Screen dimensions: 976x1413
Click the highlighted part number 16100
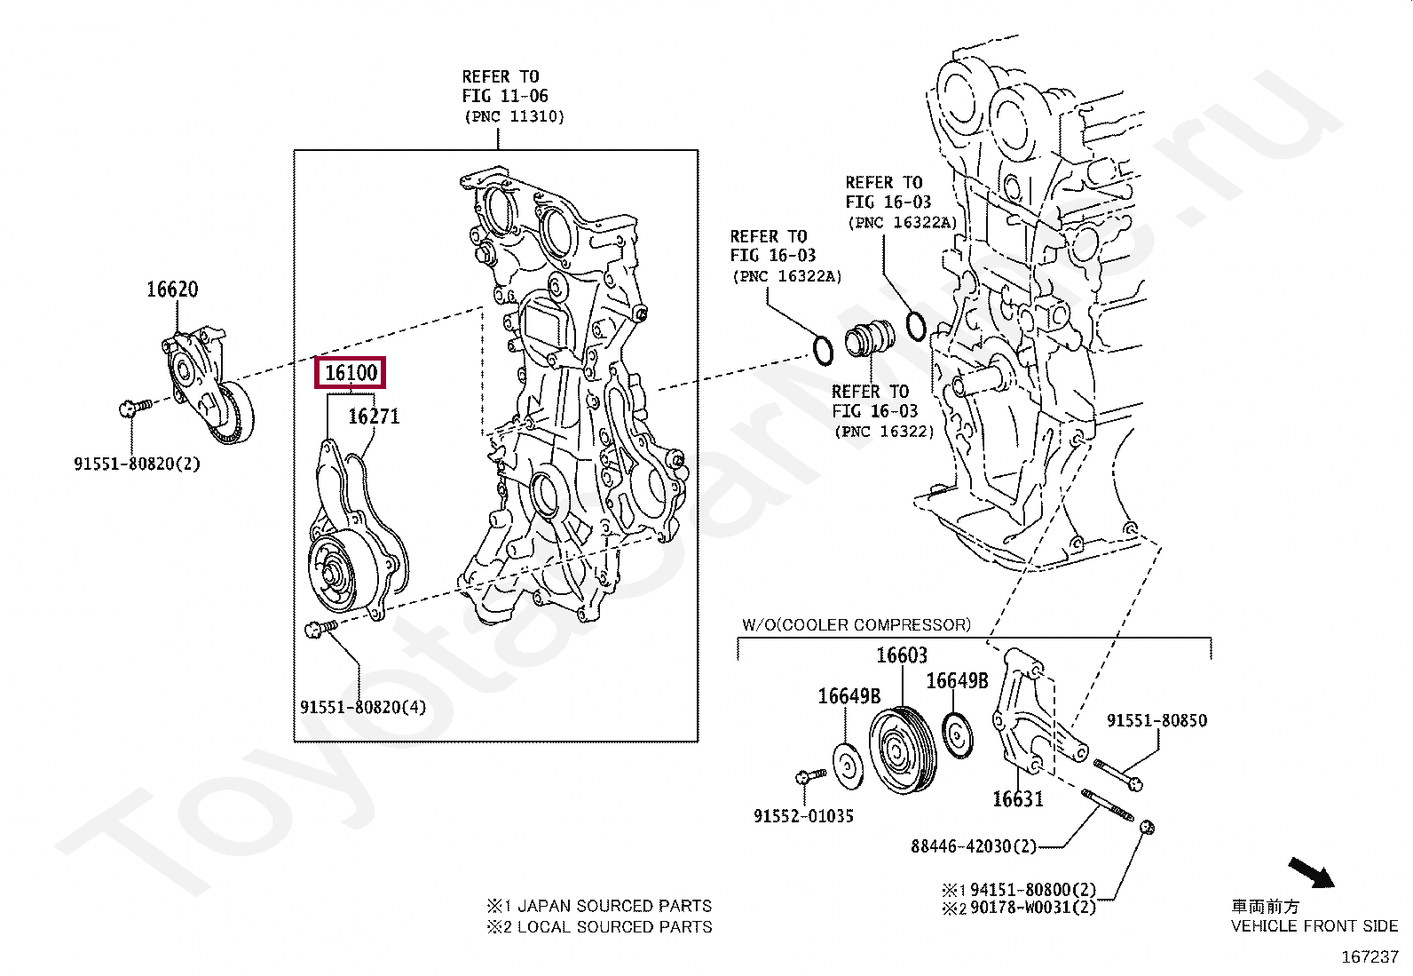tap(351, 373)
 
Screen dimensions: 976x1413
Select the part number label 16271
tap(373, 416)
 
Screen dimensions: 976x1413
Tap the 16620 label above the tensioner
tap(172, 290)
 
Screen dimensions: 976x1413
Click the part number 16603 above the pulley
tap(901, 655)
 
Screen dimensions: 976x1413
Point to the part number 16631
tap(1017, 799)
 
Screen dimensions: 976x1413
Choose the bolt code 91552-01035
tap(803, 816)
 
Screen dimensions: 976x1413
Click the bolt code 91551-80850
tap(1156, 721)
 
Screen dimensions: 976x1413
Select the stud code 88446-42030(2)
tap(973, 846)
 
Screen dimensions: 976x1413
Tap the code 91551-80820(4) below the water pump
tap(362, 708)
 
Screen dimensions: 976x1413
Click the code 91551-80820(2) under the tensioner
tap(137, 464)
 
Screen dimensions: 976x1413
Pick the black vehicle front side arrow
tap(1312, 871)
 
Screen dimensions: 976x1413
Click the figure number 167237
tap(1370, 957)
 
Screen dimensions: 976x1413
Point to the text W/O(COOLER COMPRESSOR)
tap(856, 625)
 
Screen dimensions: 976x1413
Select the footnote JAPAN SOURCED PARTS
tap(613, 907)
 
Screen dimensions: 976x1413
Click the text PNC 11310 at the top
tap(513, 116)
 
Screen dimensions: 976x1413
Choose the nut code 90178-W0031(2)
tap(1032, 908)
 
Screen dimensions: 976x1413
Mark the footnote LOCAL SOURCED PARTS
tap(613, 927)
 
